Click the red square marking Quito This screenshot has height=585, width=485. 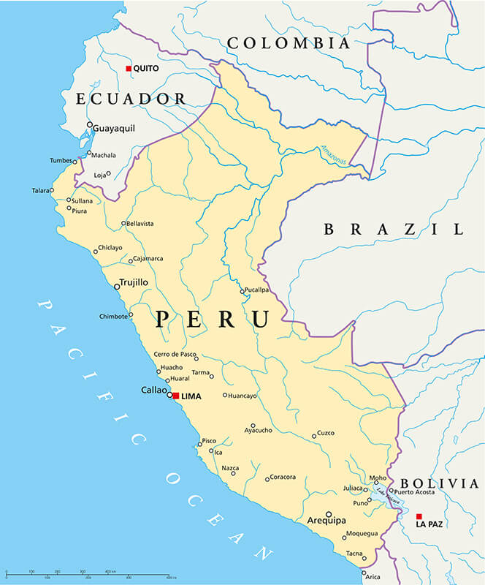pos(129,68)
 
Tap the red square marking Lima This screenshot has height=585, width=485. pos(175,396)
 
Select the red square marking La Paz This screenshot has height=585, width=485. pos(419,516)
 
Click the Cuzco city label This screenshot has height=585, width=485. pos(325,433)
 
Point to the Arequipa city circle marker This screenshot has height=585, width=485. pos(329,513)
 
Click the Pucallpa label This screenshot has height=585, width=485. pos(257,290)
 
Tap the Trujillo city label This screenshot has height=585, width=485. pos(134,282)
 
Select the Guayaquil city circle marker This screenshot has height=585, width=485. pos(90,125)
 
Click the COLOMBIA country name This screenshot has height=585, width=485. pos(289,43)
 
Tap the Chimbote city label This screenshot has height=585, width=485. pos(113,317)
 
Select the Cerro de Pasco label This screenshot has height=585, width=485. pos(175,355)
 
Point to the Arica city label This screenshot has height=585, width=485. pos(373,577)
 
